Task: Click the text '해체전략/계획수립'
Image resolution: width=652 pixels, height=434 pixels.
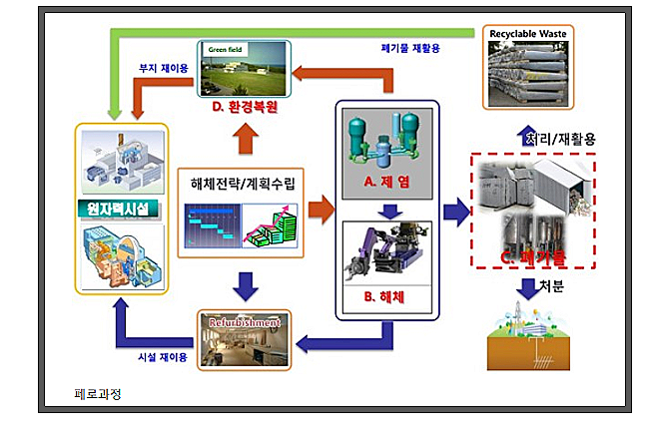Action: coord(240,184)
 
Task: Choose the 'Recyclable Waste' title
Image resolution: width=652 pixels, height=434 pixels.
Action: coord(528,34)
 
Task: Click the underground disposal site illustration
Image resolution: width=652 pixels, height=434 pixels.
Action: coord(529,339)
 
